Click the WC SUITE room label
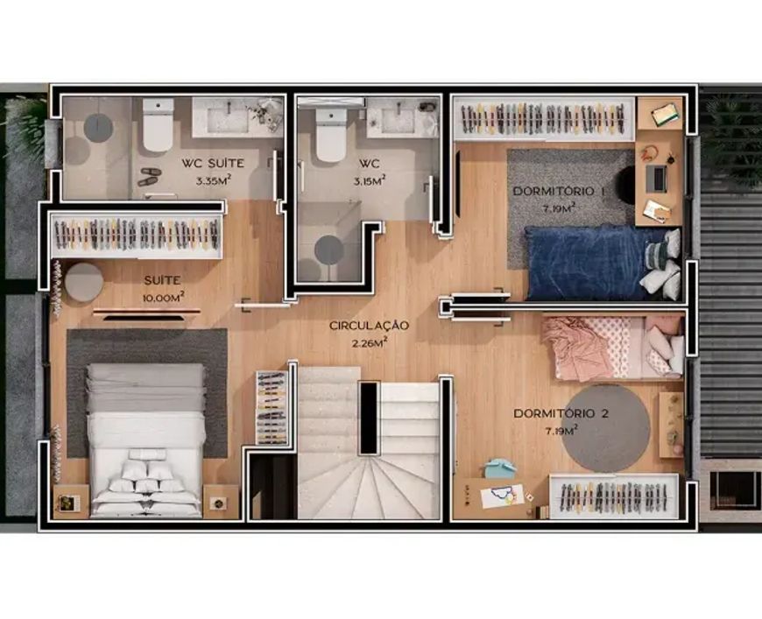[x=213, y=163]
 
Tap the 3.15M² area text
[x=370, y=180]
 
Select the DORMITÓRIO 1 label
[x=559, y=192]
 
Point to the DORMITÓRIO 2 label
[x=561, y=413]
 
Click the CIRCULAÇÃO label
[x=369, y=325]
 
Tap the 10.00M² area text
[x=163, y=298]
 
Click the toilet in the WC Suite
[x=158, y=125]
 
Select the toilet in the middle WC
[x=331, y=135]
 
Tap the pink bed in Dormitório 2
[x=613, y=348]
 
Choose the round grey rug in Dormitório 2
[x=606, y=428]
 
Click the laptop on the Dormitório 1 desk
[x=656, y=179]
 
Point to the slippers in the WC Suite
[x=149, y=177]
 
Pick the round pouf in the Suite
[x=84, y=282]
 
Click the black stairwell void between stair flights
[x=369, y=418]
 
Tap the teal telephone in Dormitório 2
[x=499, y=468]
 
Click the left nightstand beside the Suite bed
[x=71, y=502]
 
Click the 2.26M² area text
[x=370, y=343]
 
